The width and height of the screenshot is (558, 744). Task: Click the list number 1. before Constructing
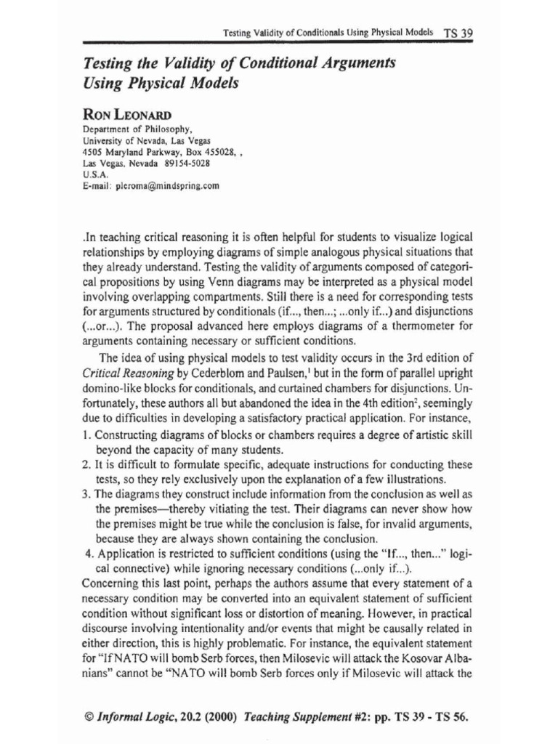tap(86, 434)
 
